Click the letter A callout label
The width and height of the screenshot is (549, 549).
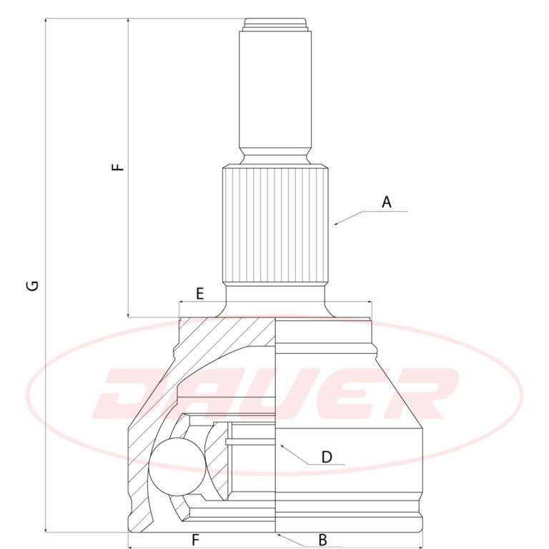(x=386, y=202)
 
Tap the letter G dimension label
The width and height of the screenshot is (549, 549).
(x=33, y=285)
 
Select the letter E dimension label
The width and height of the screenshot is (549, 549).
(x=199, y=293)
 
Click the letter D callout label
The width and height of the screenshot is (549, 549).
(x=326, y=457)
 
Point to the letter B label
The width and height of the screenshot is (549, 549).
(x=322, y=540)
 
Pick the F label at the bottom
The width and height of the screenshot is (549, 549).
(x=195, y=540)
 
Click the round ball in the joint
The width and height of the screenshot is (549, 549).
(x=177, y=467)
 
